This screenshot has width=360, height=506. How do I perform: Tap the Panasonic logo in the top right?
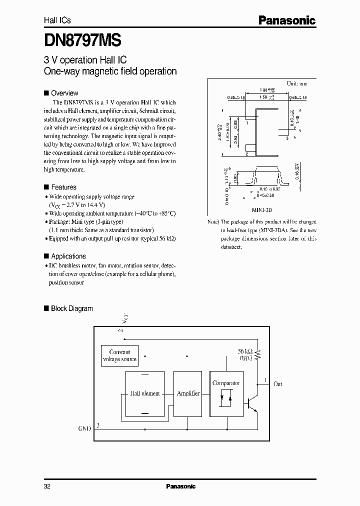pyautogui.click(x=286, y=20)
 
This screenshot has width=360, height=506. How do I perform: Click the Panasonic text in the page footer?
pyautogui.click(x=180, y=486)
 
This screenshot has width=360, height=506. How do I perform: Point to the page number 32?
pyautogui.click(x=47, y=486)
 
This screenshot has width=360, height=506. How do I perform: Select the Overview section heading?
pyautogui.click(x=64, y=93)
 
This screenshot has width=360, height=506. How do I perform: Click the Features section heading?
pyautogui.click(x=63, y=187)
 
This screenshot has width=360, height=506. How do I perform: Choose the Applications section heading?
pyautogui.click(x=68, y=256)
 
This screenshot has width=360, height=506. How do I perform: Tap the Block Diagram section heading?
pyautogui.click(x=71, y=308)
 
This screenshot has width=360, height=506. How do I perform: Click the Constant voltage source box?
pyautogui.click(x=119, y=355)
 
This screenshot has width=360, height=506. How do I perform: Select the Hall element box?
pyautogui.click(x=144, y=393)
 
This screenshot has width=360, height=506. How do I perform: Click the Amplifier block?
pyautogui.click(x=188, y=393)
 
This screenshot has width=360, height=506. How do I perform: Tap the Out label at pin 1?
pyautogui.click(x=277, y=384)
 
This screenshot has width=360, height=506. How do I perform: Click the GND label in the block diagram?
pyautogui.click(x=84, y=428)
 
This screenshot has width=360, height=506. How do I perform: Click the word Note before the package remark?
pyautogui.click(x=212, y=221)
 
